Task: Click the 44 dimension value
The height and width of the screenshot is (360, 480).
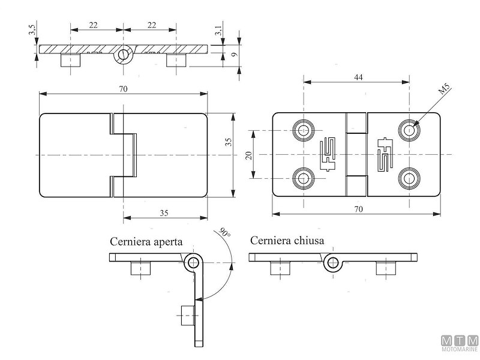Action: point(357,77)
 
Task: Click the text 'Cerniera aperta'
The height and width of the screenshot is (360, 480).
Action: point(146,241)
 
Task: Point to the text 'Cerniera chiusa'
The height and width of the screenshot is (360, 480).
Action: point(287,241)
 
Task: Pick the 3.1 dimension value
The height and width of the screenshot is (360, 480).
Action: point(218,29)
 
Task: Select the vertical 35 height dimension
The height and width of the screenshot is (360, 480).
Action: point(228,143)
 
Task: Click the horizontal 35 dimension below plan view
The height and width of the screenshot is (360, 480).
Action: point(164,212)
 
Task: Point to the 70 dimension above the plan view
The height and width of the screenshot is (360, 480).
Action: point(123,89)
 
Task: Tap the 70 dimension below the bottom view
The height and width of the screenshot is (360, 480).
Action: point(358,209)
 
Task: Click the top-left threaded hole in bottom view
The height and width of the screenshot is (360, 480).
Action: point(303,130)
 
